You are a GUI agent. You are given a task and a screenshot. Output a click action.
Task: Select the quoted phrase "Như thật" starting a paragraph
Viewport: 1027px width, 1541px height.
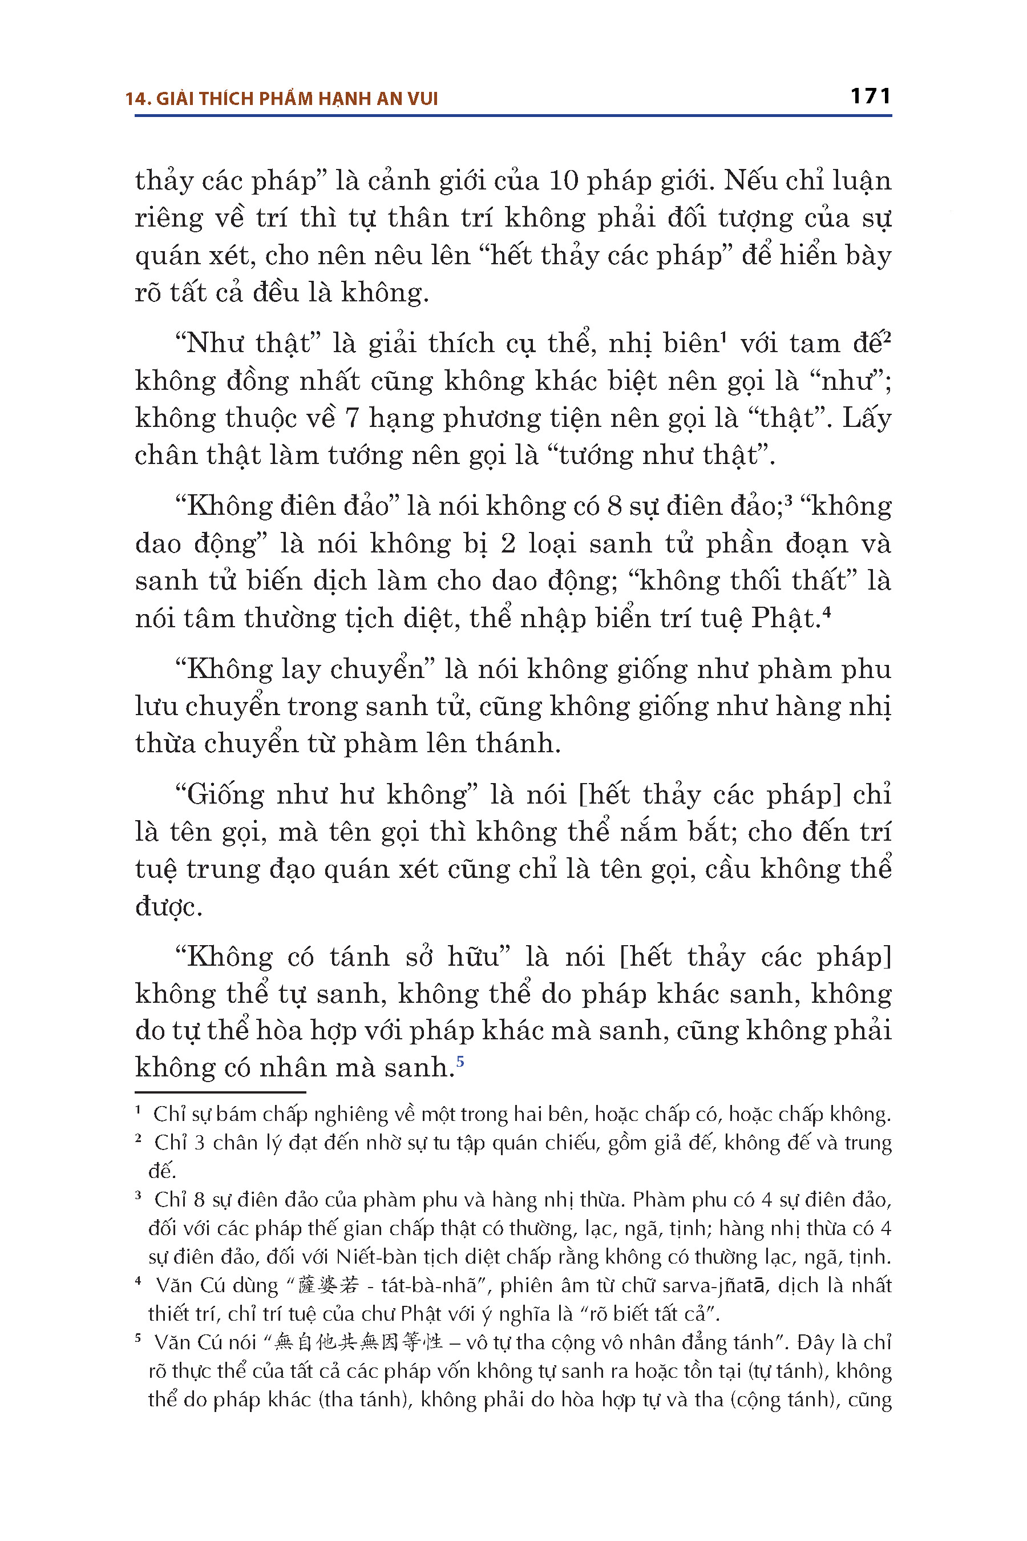click(x=242, y=344)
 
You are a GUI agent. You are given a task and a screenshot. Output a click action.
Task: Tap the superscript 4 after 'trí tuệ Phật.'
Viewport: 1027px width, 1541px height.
click(x=827, y=612)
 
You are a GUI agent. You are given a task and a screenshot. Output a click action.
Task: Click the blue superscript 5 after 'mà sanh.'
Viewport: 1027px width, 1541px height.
click(x=460, y=1060)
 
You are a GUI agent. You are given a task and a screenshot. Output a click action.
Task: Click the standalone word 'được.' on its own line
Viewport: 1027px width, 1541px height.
click(x=168, y=907)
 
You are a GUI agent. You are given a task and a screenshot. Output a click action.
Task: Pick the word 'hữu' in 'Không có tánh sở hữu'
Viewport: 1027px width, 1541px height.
click(x=478, y=957)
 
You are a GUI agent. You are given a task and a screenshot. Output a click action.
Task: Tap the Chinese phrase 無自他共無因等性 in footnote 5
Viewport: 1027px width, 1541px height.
click(x=358, y=1342)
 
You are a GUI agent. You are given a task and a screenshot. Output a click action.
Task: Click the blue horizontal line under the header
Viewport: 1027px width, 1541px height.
click(x=513, y=116)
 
